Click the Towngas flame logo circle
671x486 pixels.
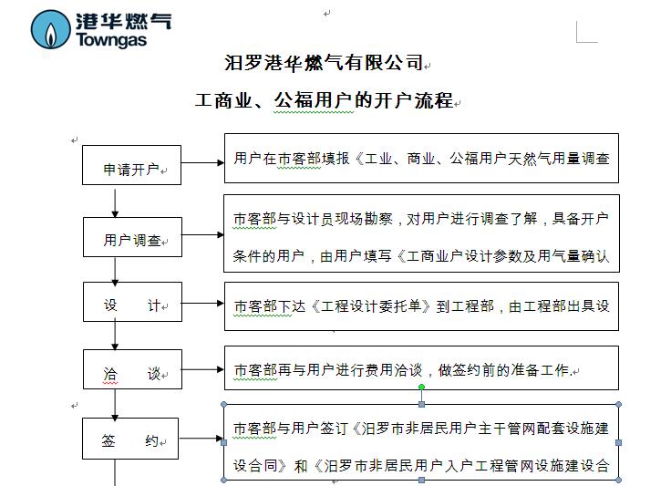[50, 29]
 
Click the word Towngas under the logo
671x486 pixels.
[111, 40]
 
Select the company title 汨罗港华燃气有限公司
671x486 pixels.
[324, 63]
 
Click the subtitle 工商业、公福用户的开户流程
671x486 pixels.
[324, 100]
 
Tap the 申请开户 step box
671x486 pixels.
[132, 165]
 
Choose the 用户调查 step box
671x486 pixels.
[133, 237]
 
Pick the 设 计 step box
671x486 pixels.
[133, 302]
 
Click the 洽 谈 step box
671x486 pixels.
[133, 369]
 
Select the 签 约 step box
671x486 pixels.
[130, 439]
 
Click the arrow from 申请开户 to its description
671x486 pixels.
[202, 162]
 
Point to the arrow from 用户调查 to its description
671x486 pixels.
[202, 235]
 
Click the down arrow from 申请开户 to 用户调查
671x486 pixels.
[115, 202]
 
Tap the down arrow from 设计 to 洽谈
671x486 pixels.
[115, 336]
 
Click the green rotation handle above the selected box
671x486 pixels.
[421, 387]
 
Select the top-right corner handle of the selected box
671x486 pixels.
[618, 404]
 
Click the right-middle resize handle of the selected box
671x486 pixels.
[618, 443]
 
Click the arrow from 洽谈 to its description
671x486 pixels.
[202, 369]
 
